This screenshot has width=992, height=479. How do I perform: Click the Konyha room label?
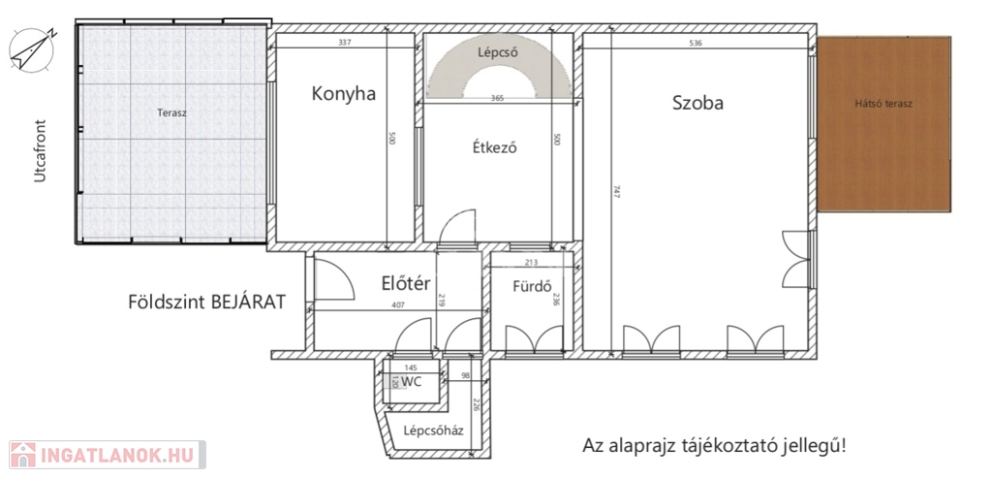tap(344, 94)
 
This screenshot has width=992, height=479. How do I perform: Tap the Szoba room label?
tap(697, 103)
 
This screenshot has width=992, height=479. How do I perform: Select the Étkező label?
tap(495, 147)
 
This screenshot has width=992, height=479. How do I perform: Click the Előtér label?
tap(406, 282)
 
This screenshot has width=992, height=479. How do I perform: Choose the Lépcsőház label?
tap(433, 431)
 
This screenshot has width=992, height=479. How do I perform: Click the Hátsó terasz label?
tap(883, 104)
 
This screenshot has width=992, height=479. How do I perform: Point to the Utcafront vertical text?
tap(41, 151)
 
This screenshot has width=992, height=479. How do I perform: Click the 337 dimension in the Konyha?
tap(345, 43)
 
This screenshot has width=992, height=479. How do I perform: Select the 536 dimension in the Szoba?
tap(696, 43)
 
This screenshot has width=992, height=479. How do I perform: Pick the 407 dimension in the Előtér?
tap(397, 304)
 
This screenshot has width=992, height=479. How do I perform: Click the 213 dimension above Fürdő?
tap(532, 262)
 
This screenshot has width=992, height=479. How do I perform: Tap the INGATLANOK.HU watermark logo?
tap(108, 455)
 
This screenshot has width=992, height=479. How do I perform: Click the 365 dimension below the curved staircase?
tap(499, 98)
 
